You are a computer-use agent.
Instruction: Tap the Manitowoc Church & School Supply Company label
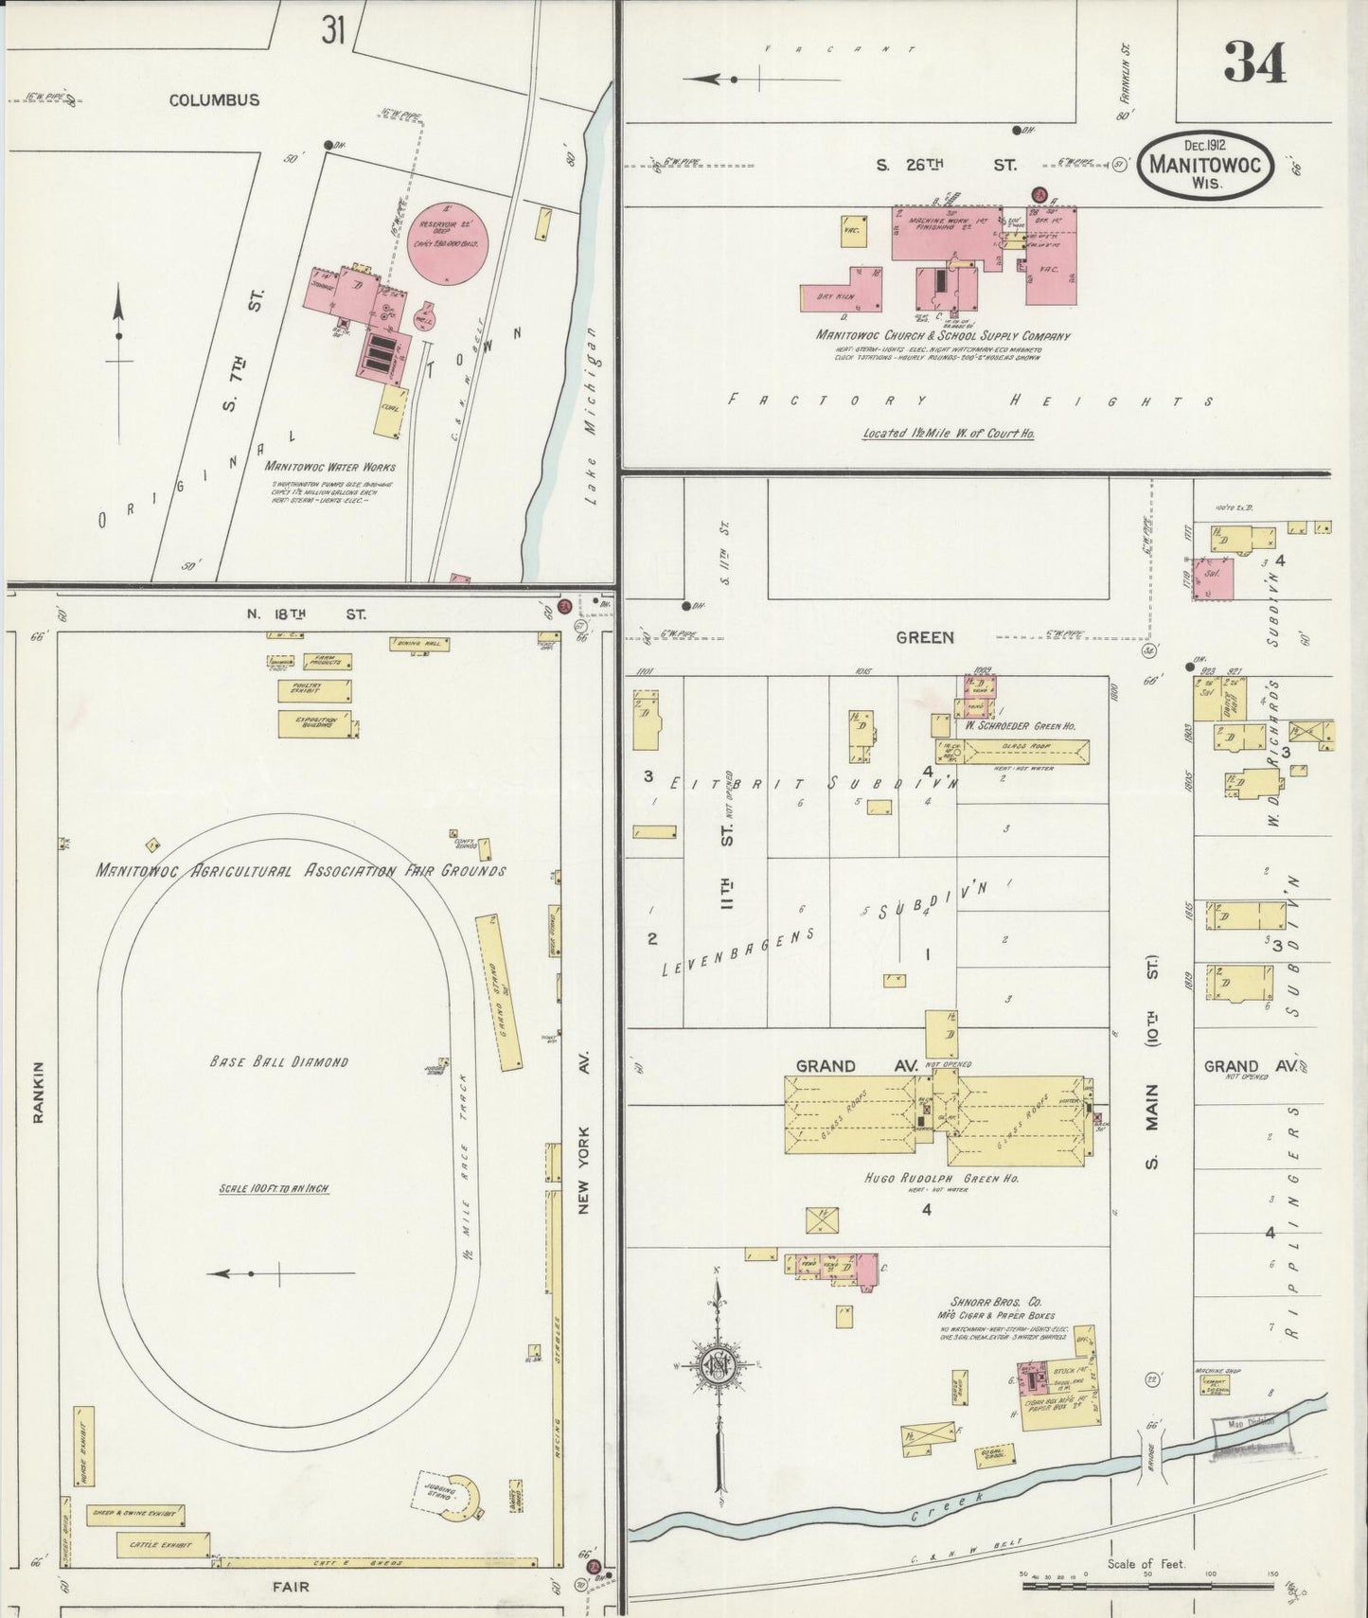pos(943,335)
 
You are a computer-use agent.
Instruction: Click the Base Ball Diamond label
pos(278,1061)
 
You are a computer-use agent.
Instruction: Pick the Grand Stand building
pos(500,991)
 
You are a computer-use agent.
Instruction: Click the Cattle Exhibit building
pos(162,1545)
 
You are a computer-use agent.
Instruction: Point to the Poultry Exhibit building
pos(315,690)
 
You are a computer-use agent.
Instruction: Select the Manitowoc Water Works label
pos(329,466)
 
